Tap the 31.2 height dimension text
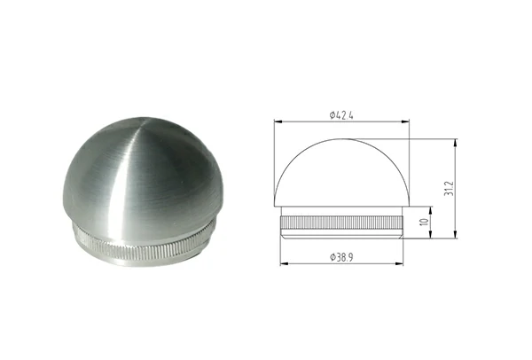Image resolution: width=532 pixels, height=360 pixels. [x=462, y=188]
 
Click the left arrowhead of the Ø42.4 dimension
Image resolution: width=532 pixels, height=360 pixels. [x=276, y=121]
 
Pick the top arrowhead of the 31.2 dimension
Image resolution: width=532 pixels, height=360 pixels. [x=454, y=140]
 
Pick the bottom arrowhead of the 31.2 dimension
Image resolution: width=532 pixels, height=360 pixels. [x=454, y=238]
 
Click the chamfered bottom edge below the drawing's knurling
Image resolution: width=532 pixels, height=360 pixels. [x=345, y=236]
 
